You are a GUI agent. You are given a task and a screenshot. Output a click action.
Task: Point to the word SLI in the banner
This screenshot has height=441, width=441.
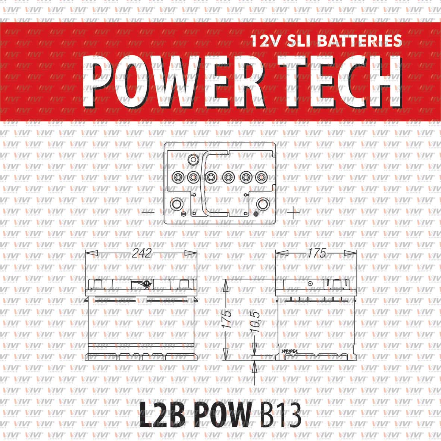(x=301, y=40)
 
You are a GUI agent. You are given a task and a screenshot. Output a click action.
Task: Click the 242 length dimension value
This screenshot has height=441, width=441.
(x=142, y=253)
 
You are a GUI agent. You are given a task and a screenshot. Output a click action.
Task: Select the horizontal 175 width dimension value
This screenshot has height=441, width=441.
(x=317, y=253)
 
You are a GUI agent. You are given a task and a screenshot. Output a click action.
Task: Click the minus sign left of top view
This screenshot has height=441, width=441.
(x=148, y=212)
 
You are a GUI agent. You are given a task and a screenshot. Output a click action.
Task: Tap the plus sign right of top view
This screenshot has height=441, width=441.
(x=293, y=212)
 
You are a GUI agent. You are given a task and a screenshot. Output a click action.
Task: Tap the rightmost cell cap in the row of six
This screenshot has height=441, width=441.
(x=260, y=176)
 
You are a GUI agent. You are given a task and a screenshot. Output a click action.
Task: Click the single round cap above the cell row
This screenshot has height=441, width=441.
(x=193, y=160)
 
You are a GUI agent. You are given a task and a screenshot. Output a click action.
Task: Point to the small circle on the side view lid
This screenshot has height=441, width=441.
(x=310, y=284)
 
